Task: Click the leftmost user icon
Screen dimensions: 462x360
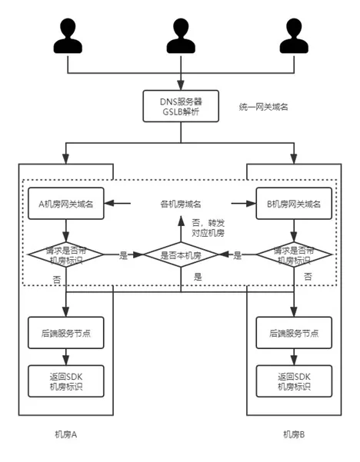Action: (68, 35)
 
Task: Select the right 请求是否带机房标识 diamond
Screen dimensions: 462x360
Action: (292, 254)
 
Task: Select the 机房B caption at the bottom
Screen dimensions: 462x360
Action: (293, 434)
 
